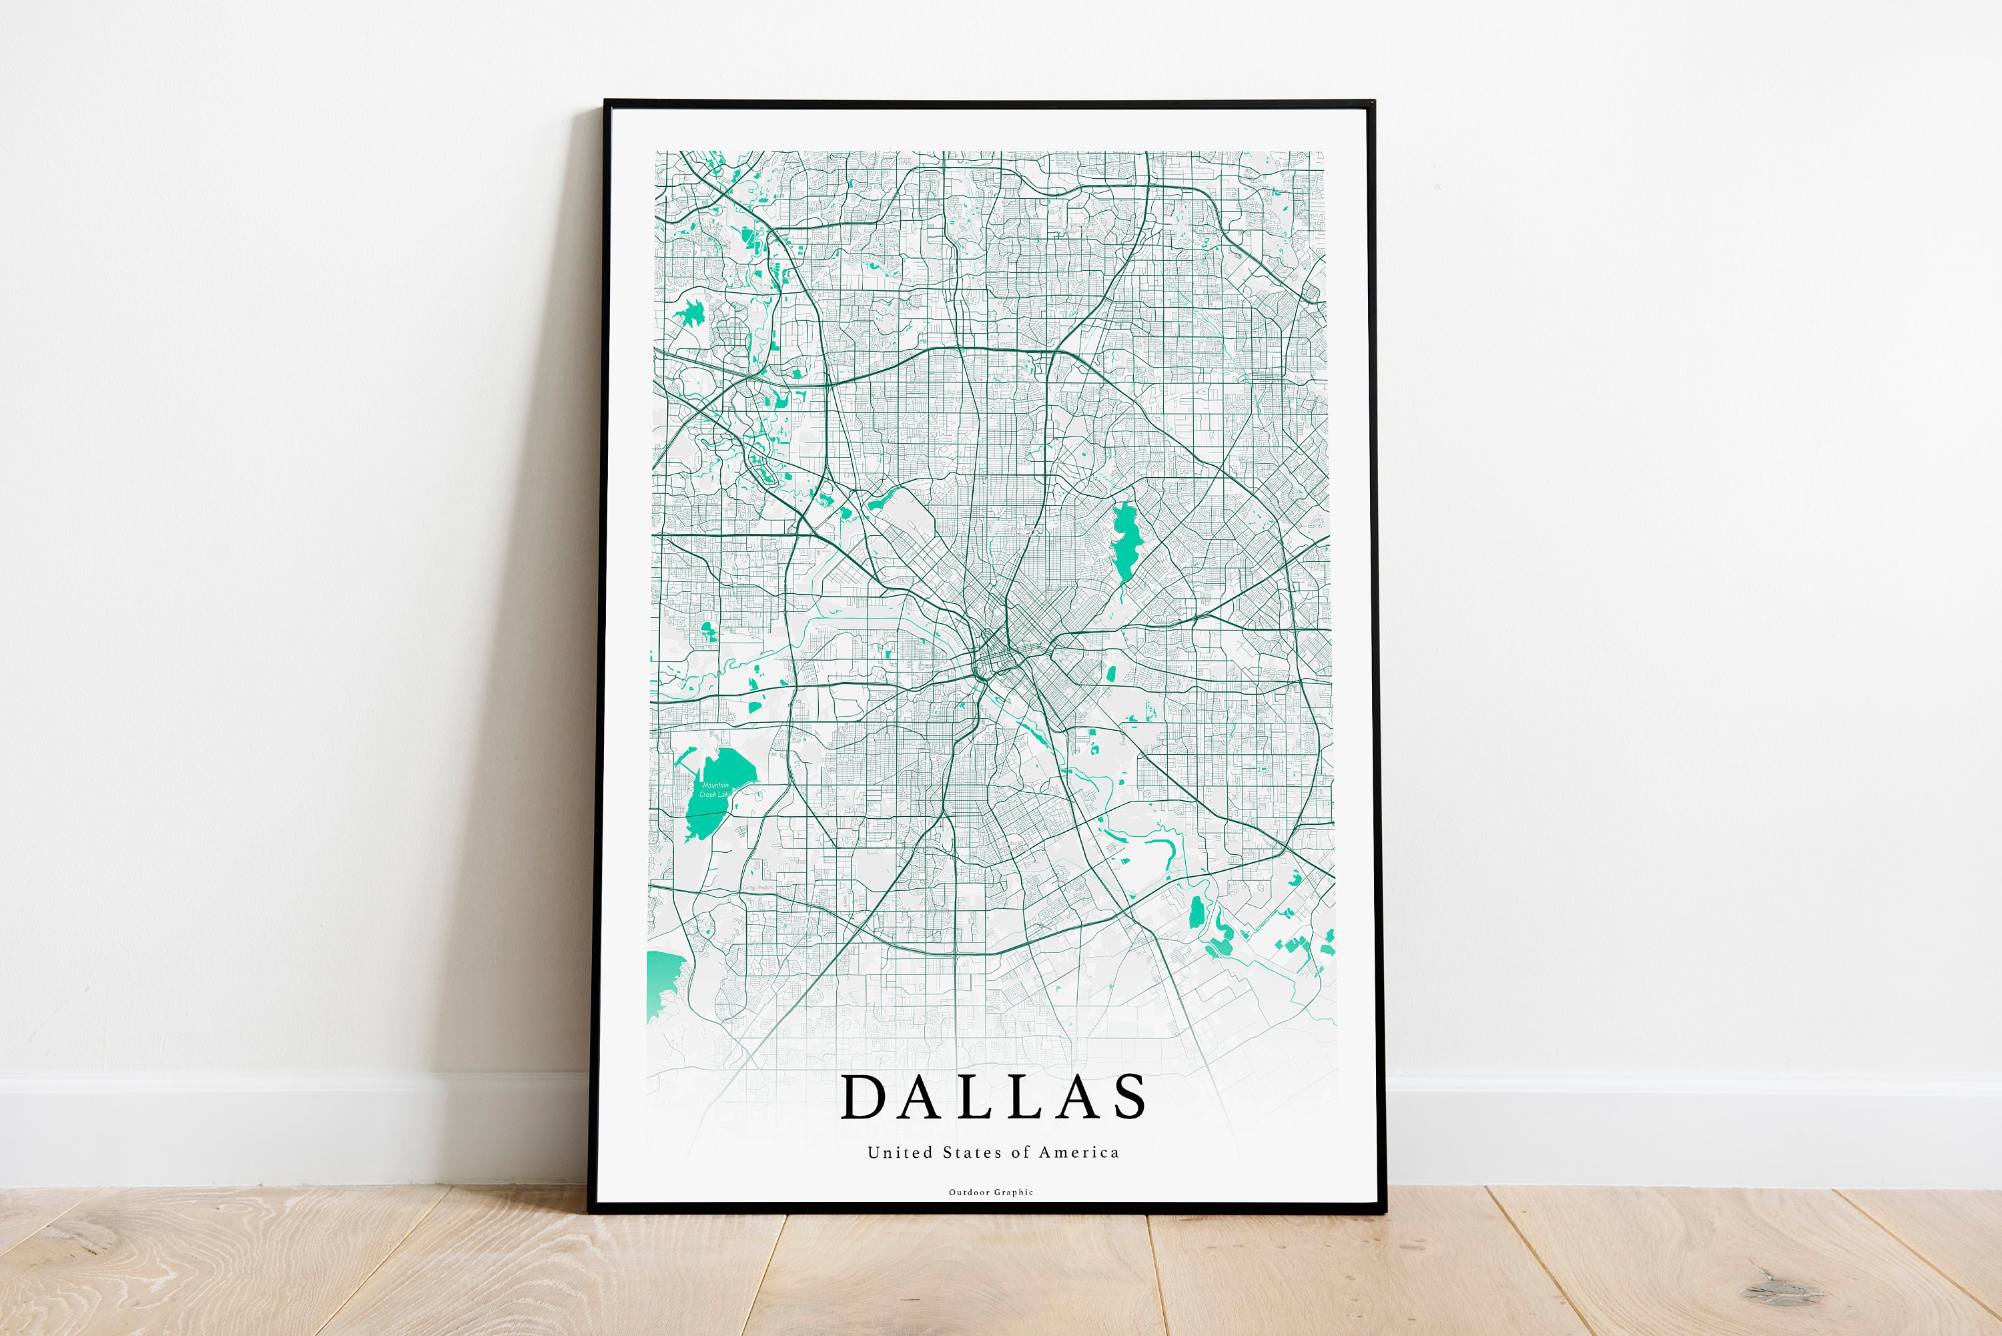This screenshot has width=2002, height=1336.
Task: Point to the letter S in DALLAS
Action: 1130,1096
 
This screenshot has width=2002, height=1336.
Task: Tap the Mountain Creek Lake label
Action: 714,789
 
